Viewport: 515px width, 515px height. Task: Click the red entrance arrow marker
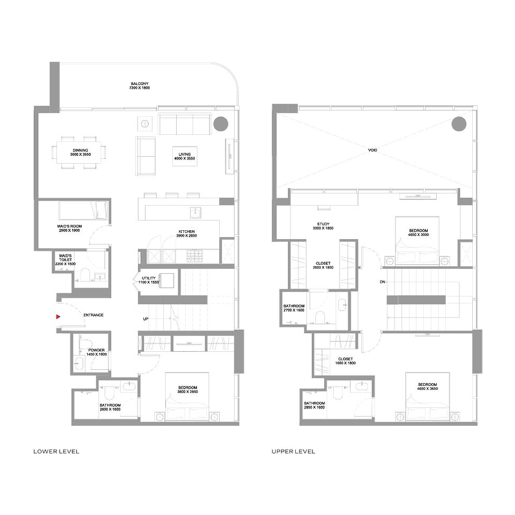pyautogui.click(x=59, y=316)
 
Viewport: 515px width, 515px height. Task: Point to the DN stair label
pyautogui.click(x=382, y=281)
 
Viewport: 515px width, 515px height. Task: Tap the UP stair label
pyautogui.click(x=146, y=319)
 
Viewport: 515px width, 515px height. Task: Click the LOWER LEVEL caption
pyautogui.click(x=56, y=452)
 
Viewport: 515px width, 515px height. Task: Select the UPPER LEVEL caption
pyautogui.click(x=294, y=452)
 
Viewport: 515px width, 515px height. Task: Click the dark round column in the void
pyautogui.click(x=458, y=124)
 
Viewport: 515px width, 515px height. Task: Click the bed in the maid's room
pyautogui.click(x=79, y=210)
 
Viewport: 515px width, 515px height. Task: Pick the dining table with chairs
pyautogui.click(x=80, y=153)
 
